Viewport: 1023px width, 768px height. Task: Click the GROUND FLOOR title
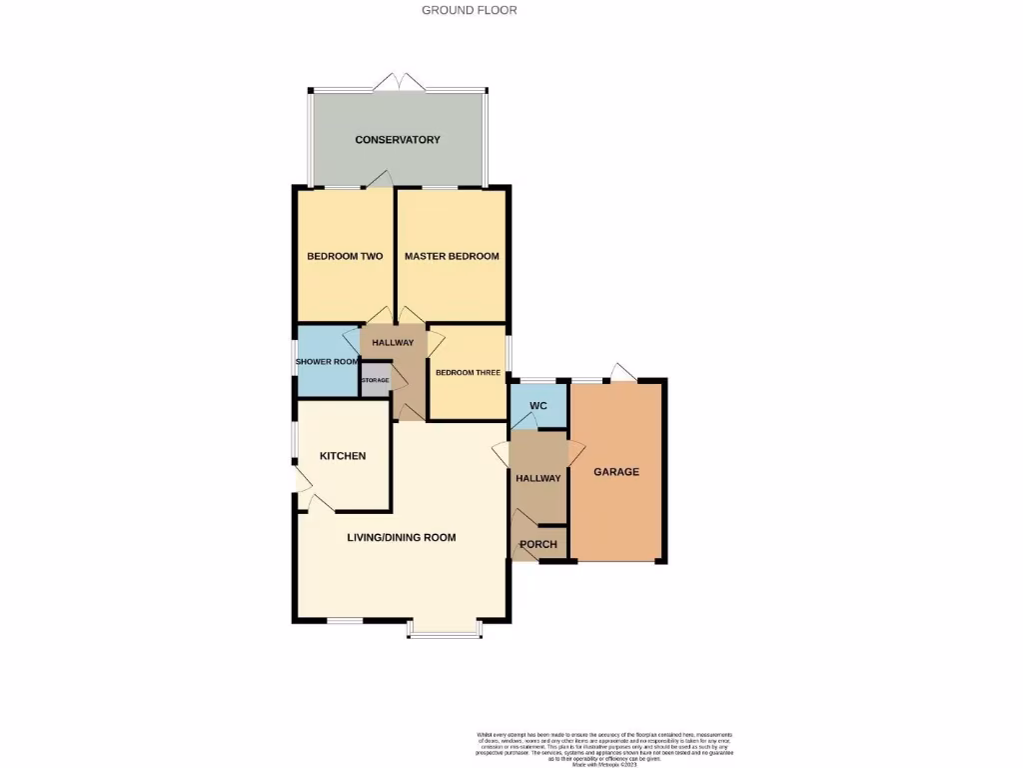(x=469, y=10)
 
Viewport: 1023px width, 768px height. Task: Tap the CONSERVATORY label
(x=398, y=140)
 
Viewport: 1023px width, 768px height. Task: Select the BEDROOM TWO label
(x=345, y=256)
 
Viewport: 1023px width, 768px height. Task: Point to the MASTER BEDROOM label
(x=452, y=256)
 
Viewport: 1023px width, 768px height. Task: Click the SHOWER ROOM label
(x=327, y=361)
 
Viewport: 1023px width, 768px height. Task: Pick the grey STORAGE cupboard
(x=376, y=381)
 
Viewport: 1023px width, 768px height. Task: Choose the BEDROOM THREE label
(x=468, y=373)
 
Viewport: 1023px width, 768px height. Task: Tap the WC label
(x=537, y=406)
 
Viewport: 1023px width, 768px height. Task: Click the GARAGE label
(x=616, y=472)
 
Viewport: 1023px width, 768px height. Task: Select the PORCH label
(x=538, y=544)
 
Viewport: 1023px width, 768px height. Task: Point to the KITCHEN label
(x=343, y=456)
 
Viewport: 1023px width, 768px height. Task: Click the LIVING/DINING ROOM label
(x=401, y=537)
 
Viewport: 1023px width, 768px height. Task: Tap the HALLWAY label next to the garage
(x=538, y=478)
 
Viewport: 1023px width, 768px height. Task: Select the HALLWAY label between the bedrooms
(x=393, y=343)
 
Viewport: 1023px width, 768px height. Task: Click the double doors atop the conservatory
(x=399, y=80)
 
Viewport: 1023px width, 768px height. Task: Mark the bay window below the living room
(x=445, y=630)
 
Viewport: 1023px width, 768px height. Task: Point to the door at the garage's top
(x=622, y=372)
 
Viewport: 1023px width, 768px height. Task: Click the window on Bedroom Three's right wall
(x=509, y=353)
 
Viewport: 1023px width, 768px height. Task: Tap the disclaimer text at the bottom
(x=609, y=749)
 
